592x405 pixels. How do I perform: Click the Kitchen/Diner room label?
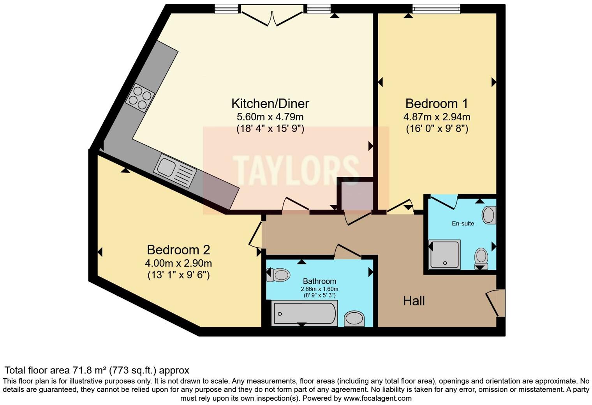click(x=270, y=104)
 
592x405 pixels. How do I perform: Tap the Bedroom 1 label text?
click(x=436, y=104)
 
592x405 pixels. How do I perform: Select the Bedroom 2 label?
click(x=178, y=250)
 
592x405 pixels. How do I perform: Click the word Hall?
click(x=414, y=301)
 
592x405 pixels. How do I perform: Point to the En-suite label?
click(x=463, y=224)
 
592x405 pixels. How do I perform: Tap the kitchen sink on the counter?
click(x=175, y=170)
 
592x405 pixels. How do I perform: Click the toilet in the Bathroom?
click(x=278, y=275)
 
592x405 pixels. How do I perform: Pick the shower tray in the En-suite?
click(x=444, y=255)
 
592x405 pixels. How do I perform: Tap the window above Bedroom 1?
click(x=436, y=9)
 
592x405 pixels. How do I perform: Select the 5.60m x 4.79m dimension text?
click(x=270, y=117)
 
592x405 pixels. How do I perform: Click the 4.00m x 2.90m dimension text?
click(x=178, y=263)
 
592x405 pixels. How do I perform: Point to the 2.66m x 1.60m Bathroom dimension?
click(x=319, y=289)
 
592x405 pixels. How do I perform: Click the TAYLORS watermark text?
click(x=296, y=170)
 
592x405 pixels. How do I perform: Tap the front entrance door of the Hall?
click(x=496, y=303)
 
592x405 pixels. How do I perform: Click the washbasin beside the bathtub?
click(x=354, y=319)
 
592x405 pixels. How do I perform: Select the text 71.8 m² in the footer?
click(x=90, y=370)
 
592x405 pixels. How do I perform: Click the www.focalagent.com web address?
click(x=377, y=398)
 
